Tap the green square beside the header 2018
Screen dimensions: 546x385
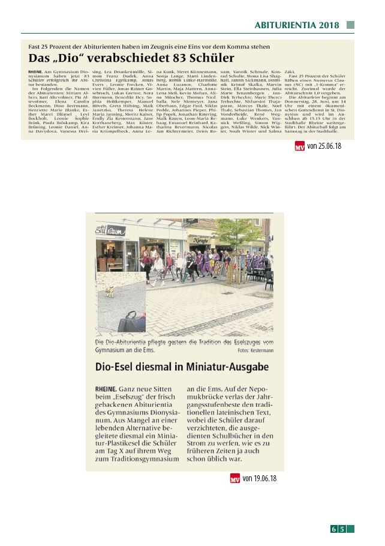[x=350, y=25]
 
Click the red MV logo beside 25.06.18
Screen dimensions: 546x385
[x=299, y=146]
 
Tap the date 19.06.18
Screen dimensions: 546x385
[x=260, y=478]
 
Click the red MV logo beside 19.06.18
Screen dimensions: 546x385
[x=235, y=478]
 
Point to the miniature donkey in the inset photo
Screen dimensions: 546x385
[x=110, y=292]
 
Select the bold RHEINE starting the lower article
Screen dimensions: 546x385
[x=106, y=389]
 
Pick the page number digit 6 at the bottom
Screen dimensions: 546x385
[x=333, y=529]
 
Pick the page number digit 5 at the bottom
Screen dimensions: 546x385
[x=342, y=529]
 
